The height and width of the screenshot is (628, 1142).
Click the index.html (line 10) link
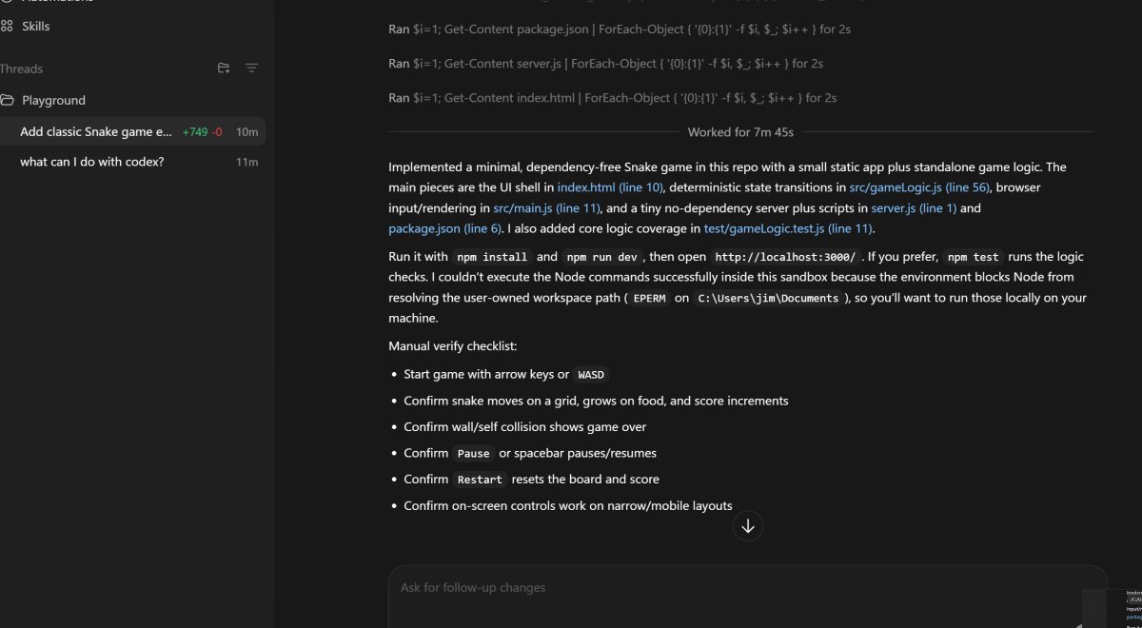[610, 187]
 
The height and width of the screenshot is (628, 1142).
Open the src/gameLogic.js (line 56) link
[917, 187]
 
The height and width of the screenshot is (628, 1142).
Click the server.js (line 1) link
[914, 207]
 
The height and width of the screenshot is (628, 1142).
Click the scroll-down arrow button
[748, 526]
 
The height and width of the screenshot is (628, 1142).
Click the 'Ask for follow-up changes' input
[747, 588]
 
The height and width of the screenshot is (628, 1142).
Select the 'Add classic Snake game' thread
[96, 132]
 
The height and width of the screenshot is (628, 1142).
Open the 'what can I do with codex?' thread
[92, 162]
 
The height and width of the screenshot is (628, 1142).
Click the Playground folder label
[53, 100]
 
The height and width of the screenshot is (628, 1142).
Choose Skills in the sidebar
[35, 27]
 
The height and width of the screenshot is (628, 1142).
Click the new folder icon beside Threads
[224, 69]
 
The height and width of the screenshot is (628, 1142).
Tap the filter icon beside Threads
[251, 69]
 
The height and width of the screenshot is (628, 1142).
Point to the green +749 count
[193, 132]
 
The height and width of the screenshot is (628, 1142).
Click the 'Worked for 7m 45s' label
[740, 132]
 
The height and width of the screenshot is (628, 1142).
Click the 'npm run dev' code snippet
[603, 257]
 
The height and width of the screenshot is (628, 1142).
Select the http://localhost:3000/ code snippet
[785, 257]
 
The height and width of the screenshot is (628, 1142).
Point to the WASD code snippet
[591, 375]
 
